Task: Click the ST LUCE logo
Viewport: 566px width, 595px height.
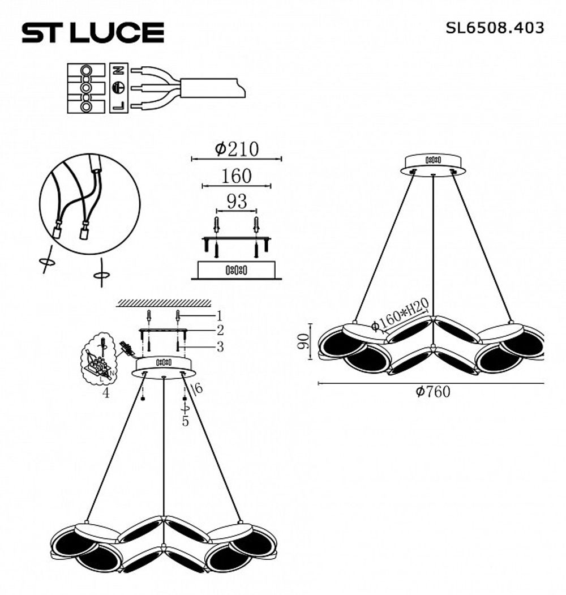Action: (x=93, y=33)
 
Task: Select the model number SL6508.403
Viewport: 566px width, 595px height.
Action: (x=495, y=28)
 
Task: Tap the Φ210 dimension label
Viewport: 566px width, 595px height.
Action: (x=237, y=149)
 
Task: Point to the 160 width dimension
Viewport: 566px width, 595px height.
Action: (x=236, y=176)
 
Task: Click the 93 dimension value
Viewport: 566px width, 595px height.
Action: (x=237, y=201)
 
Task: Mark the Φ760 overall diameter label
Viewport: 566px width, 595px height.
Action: (x=433, y=392)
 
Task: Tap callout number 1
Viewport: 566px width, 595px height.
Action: (x=220, y=315)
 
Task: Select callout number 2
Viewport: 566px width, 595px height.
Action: (x=220, y=330)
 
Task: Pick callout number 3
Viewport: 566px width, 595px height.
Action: (x=220, y=345)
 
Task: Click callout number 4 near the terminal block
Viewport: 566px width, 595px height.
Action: (x=106, y=393)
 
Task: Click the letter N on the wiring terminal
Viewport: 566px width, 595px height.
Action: (x=119, y=71)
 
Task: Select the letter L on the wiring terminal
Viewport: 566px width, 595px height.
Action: (x=119, y=105)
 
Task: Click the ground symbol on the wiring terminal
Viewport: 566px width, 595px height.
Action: (x=119, y=88)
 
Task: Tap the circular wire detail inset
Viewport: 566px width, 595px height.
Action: (x=89, y=204)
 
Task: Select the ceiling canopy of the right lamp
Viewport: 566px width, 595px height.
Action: (x=433, y=163)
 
